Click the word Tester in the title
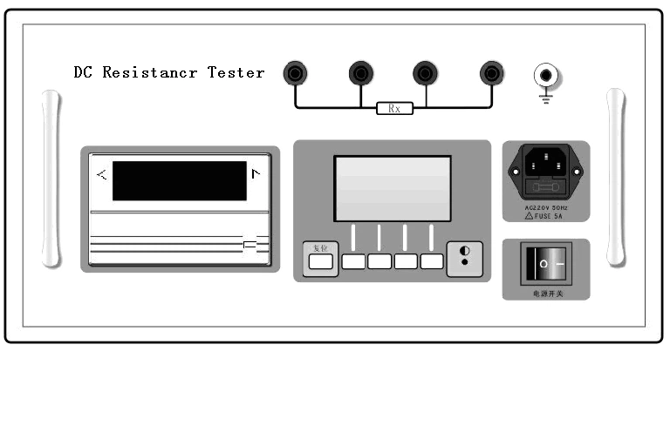point(236,72)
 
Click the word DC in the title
point(84,72)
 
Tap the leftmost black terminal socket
point(296,73)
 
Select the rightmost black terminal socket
point(492,73)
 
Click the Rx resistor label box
point(394,109)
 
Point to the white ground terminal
point(547,75)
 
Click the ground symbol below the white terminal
point(547,98)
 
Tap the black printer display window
point(179,180)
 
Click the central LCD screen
point(393,189)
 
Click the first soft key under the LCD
point(353,260)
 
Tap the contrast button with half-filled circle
point(464,259)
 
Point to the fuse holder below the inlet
point(546,186)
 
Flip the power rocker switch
point(545,262)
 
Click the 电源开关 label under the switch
point(546,294)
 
